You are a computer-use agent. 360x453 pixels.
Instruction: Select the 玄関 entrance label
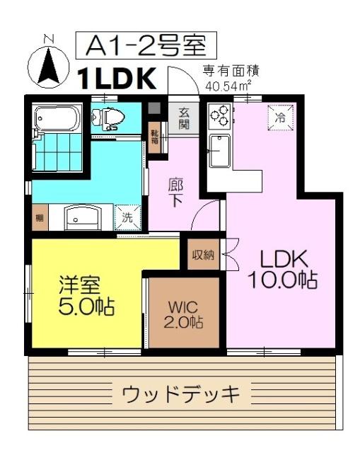pyautogui.click(x=184, y=118)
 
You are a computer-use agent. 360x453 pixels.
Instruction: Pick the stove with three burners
pyautogui.click(x=219, y=115)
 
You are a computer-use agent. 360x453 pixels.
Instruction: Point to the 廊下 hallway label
pyautogui.click(x=176, y=193)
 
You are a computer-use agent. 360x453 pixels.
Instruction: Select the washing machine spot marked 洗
pyautogui.click(x=127, y=218)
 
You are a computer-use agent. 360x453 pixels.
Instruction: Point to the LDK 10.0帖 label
pyautogui.click(x=281, y=269)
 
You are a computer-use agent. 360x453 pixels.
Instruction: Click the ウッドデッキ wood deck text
pyautogui.click(x=182, y=392)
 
